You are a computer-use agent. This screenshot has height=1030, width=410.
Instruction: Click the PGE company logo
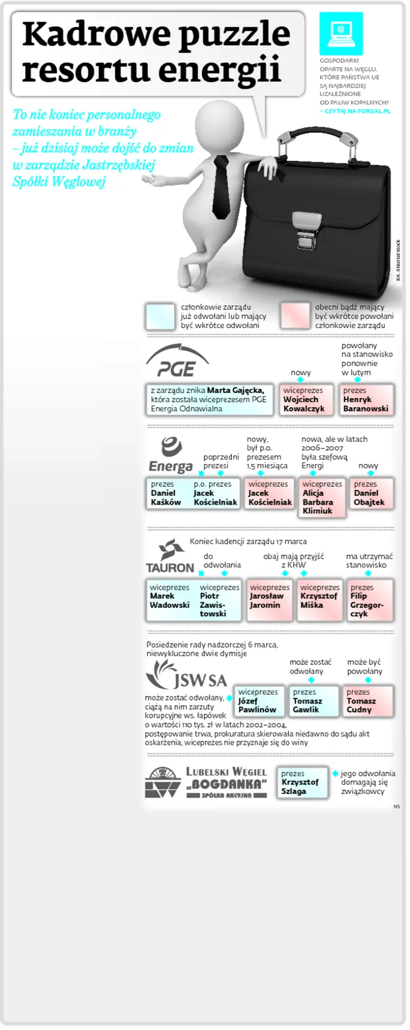click(177, 360)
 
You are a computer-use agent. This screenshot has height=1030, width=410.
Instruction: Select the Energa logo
click(171, 455)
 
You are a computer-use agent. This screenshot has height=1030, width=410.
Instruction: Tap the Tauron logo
click(170, 556)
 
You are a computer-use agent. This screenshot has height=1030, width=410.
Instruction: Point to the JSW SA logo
click(186, 675)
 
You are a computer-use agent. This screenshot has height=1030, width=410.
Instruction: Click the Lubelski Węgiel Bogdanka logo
click(206, 782)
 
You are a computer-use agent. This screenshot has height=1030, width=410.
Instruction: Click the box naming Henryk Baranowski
click(366, 399)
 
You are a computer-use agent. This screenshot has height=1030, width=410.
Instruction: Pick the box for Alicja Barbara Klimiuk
click(322, 497)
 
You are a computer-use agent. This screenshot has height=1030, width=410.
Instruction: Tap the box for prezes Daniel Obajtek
click(371, 493)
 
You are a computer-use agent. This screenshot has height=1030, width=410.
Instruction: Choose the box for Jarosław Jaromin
click(269, 599)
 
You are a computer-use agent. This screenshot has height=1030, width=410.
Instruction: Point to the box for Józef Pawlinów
click(258, 701)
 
